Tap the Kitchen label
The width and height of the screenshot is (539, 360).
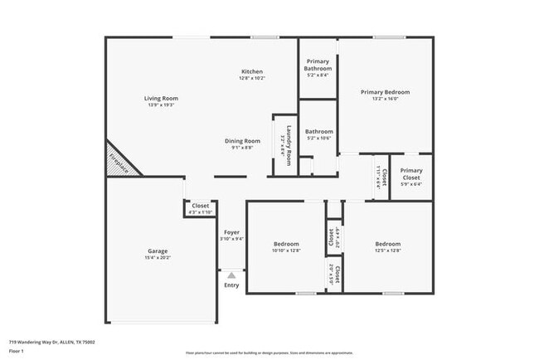(x=252, y=71)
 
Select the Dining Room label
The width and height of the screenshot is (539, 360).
(x=242, y=141)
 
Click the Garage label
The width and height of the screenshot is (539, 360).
(x=158, y=251)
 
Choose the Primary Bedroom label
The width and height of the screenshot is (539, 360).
(x=385, y=92)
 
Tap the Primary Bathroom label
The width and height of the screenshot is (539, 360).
(x=318, y=65)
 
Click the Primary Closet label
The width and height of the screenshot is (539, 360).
(x=411, y=174)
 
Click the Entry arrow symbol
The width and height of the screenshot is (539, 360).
(x=231, y=275)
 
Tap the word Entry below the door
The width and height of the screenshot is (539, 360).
(x=231, y=285)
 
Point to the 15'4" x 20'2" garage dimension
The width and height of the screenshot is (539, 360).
(x=158, y=258)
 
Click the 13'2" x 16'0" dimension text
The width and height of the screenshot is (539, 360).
(x=385, y=99)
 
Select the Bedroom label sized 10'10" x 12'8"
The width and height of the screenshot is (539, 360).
(x=286, y=243)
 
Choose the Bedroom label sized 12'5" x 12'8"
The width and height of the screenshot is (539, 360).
(x=387, y=243)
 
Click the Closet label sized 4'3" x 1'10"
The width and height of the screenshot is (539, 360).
(x=201, y=206)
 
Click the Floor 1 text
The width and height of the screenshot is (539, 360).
(x=17, y=351)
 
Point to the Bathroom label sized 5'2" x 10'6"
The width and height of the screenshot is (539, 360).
(x=318, y=131)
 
